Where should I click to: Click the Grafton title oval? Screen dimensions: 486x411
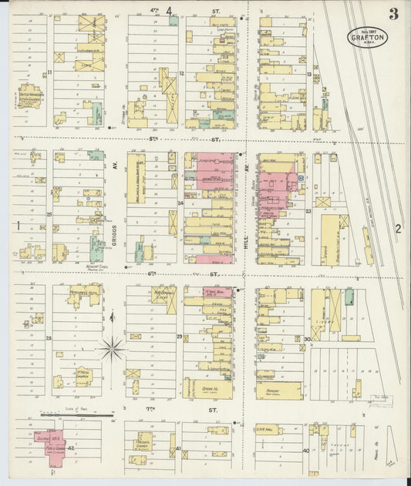pos(366,37)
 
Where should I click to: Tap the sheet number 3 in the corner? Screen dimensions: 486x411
pos(393,13)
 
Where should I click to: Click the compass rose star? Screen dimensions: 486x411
pos(112,348)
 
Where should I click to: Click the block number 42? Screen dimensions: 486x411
pos(70,447)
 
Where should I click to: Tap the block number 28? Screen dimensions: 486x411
pos(48,338)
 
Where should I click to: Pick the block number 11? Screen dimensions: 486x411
pos(48,72)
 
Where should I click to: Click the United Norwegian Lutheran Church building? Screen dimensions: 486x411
pos(31,96)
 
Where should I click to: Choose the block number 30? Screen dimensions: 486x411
pos(306,339)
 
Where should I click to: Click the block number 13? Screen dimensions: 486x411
pos(308,74)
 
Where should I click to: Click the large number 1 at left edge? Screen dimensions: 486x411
pos(17,225)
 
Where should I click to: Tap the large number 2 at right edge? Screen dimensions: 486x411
pos(398,228)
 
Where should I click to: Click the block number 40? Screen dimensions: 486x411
pos(305,450)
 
